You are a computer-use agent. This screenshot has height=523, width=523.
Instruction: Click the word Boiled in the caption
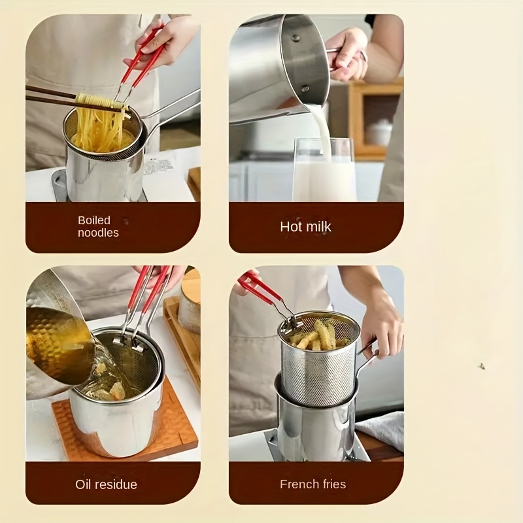[x=93, y=220]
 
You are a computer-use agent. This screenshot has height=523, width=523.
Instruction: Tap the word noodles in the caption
[x=98, y=233]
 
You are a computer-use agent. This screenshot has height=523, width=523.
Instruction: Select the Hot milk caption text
[x=305, y=227]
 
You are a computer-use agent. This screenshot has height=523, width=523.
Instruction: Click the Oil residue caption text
[x=106, y=484]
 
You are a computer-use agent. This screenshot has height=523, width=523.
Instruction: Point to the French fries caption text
[x=313, y=484]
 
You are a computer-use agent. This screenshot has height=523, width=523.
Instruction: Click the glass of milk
[x=324, y=170]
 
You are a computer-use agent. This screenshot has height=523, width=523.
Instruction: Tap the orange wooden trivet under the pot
[x=127, y=430]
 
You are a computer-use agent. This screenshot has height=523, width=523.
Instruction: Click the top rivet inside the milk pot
[x=295, y=38]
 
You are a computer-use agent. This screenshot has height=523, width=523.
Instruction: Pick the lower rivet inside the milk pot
[x=305, y=88]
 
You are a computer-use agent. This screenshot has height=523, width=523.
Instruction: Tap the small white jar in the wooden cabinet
[x=379, y=133]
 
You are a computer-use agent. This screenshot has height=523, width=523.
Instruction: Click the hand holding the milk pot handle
[x=345, y=55]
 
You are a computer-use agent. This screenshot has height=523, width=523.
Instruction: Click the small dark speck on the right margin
[x=481, y=366]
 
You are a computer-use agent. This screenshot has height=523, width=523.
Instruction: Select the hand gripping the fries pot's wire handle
[x=380, y=330]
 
